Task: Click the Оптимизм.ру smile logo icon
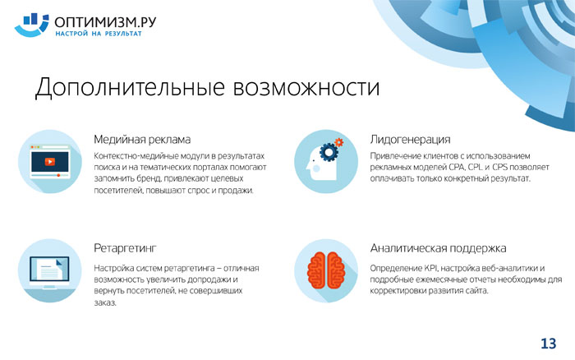point(31,25)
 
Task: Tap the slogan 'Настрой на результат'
point(99,34)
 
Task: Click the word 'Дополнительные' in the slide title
point(130,88)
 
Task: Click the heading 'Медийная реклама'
point(142,140)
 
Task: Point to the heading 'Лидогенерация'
point(410,140)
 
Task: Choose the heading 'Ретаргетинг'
point(125,248)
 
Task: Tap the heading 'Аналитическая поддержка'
point(438,248)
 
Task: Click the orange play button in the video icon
point(50,161)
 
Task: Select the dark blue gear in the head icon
point(329,151)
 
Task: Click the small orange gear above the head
point(338,142)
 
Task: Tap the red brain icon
point(325,270)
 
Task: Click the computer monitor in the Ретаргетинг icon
point(49,272)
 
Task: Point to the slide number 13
point(548,344)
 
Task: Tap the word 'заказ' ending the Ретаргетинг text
point(105,302)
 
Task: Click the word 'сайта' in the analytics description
point(477,291)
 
